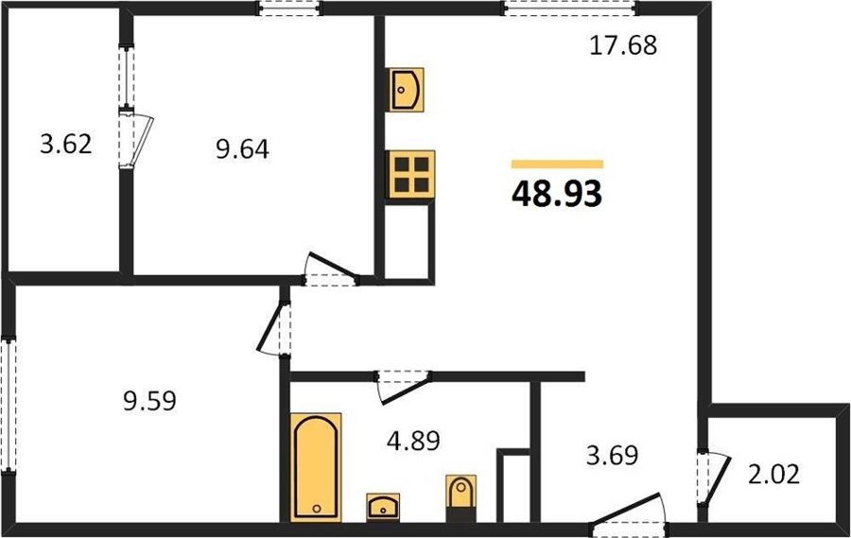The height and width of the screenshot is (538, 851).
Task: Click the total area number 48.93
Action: click(x=557, y=194)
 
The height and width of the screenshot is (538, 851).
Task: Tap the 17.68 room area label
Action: click(x=623, y=45)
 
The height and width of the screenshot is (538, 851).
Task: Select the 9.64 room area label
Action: click(x=242, y=148)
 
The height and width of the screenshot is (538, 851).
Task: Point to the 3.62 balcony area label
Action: click(x=65, y=145)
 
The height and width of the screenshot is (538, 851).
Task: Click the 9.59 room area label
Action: click(x=149, y=402)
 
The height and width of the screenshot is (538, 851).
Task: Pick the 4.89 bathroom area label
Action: click(x=413, y=441)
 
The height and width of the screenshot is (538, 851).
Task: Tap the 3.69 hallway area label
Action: click(x=612, y=455)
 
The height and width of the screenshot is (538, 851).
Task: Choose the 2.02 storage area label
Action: click(x=773, y=475)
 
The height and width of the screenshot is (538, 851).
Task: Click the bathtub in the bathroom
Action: click(x=316, y=467)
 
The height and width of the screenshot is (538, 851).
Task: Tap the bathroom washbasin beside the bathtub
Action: click(x=383, y=507)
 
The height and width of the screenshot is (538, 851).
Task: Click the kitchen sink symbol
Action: click(x=405, y=90)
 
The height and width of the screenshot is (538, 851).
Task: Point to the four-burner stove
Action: click(x=410, y=174)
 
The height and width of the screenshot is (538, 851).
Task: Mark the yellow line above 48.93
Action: click(x=557, y=164)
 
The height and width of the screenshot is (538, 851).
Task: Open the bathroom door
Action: click(x=404, y=387)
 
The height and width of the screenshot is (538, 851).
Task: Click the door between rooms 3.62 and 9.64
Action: click(x=135, y=138)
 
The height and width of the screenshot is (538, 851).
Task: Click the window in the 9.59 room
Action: click(x=9, y=405)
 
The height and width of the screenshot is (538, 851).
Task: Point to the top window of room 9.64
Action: click(x=289, y=9)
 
